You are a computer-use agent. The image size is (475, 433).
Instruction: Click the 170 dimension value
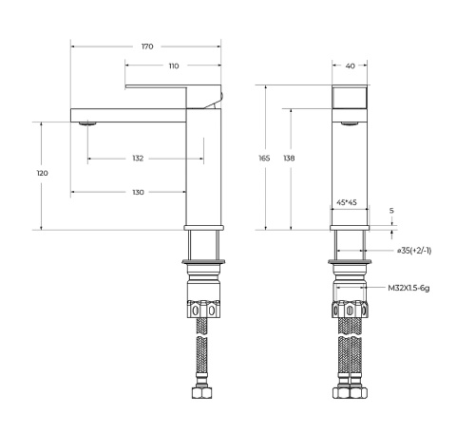tap(147, 47)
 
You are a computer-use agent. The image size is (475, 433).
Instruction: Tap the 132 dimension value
tap(138, 158)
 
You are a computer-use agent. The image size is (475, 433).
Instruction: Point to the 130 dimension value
tap(138, 193)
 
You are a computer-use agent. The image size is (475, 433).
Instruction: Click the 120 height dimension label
tap(43, 174)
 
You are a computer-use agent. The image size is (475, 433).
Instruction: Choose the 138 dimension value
tap(289, 158)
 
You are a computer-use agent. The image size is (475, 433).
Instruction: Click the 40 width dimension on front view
tap(351, 66)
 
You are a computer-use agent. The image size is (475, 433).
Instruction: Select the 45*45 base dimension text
tap(348, 202)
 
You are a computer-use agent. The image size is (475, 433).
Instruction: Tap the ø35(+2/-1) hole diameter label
tap(414, 251)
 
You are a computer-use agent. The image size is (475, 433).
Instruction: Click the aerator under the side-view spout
tap(88, 123)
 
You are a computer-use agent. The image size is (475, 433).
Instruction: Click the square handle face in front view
tap(351, 98)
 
